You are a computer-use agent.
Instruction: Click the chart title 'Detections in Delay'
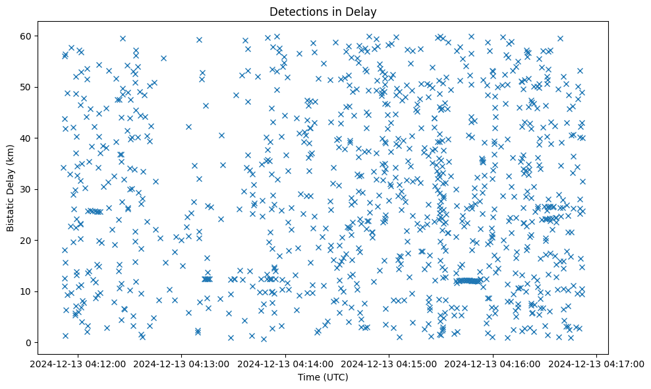(323, 11)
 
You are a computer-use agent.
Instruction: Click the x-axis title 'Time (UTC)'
(323, 377)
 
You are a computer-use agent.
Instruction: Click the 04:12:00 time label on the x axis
(78, 363)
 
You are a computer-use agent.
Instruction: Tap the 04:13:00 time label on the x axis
(182, 363)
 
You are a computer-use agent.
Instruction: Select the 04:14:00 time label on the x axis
(286, 363)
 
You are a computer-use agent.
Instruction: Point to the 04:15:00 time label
(389, 363)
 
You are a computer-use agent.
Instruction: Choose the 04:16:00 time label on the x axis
(494, 363)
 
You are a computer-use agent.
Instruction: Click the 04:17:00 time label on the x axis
(597, 363)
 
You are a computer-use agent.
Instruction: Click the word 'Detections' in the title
(300, 11)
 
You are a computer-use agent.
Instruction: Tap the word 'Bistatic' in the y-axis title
(11, 213)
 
